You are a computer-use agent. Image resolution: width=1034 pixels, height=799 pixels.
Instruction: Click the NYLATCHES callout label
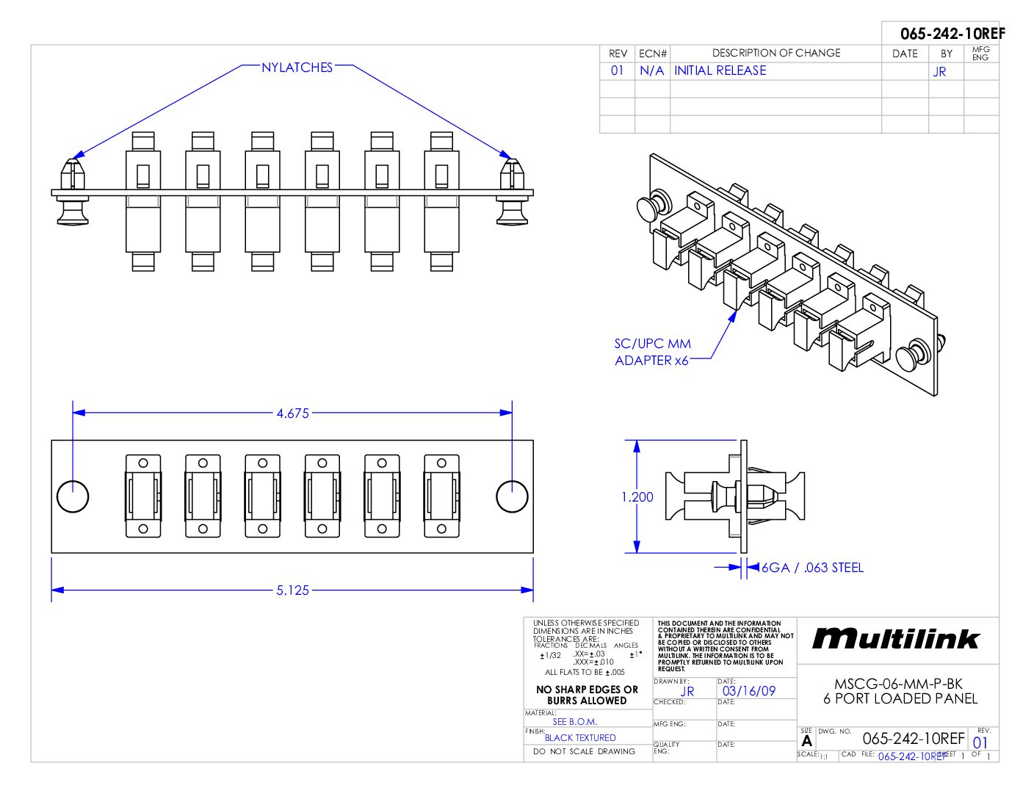(297, 68)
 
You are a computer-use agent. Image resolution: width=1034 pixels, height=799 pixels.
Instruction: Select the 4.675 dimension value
(292, 413)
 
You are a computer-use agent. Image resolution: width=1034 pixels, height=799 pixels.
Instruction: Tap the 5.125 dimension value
(292, 590)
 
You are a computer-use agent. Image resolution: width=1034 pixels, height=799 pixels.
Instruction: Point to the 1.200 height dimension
(637, 497)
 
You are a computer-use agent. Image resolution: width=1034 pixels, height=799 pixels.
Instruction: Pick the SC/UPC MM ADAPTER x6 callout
(652, 352)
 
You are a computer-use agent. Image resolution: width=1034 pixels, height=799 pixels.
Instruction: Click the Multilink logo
(896, 639)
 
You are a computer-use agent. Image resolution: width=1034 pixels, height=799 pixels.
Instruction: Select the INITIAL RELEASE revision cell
(720, 70)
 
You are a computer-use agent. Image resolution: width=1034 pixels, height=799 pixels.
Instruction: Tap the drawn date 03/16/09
(748, 691)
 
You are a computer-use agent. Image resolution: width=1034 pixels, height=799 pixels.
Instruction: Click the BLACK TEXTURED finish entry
(580, 738)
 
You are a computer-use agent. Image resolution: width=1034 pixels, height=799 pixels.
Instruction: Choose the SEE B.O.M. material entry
(574, 722)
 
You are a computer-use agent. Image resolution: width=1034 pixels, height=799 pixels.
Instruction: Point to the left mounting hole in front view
(73, 496)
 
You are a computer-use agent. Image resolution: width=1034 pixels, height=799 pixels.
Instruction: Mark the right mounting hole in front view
(512, 496)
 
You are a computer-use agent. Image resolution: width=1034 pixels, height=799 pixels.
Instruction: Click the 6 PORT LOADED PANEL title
(900, 698)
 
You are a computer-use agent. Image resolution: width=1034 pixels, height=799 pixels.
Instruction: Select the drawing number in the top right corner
(952, 34)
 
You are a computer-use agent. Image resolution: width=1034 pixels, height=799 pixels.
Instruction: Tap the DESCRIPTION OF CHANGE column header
(776, 53)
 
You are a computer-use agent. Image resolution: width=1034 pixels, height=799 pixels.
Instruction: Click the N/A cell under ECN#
(651, 70)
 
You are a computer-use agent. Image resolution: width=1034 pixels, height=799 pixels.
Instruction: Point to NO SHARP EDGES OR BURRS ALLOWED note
(587, 695)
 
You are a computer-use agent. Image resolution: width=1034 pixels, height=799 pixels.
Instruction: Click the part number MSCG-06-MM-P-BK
(898, 684)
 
